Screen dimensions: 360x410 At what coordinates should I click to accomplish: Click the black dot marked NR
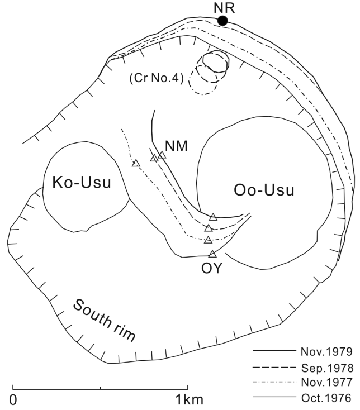222,21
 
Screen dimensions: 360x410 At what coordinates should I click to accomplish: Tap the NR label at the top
222,7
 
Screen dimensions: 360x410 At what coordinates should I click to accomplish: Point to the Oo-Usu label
263,190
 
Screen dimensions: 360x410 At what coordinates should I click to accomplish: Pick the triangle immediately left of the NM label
162,155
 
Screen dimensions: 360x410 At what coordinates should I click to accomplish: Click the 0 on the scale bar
13,400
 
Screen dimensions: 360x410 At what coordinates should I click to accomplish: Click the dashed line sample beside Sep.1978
272,368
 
